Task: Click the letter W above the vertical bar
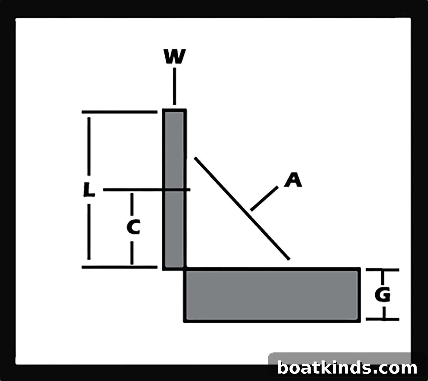(175, 57)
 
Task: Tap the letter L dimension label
(89, 190)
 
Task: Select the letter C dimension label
(133, 227)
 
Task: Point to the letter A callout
(293, 180)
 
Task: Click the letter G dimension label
(383, 295)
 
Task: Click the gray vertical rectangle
(175, 189)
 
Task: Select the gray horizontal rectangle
(272, 295)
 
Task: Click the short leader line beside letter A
(264, 199)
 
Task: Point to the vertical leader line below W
(175, 86)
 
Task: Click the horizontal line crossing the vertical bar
(147, 190)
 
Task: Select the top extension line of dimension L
(120, 112)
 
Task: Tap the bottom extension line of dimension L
(120, 267)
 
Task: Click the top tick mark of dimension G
(382, 270)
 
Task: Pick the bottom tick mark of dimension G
(382, 319)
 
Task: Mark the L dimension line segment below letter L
(89, 232)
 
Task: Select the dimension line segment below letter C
(132, 253)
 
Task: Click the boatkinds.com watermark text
(347, 368)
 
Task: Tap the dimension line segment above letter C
(132, 204)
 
